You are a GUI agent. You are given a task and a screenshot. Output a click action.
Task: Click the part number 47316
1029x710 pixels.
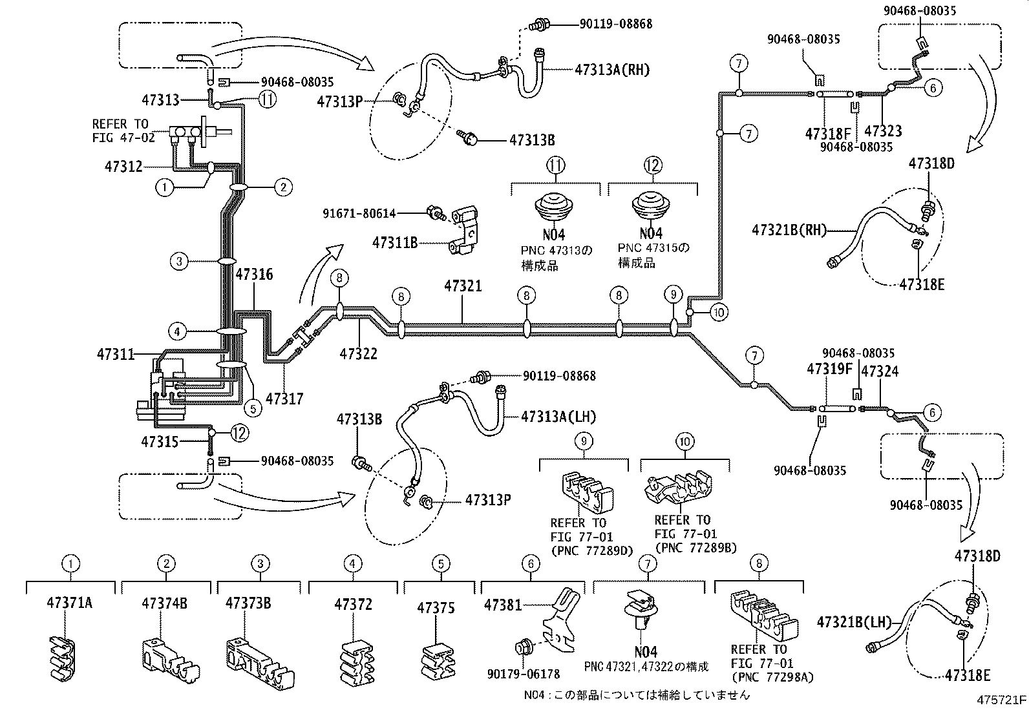pyautogui.click(x=254, y=275)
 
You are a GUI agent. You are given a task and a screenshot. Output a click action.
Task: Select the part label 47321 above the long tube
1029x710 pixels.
pyautogui.click(x=463, y=285)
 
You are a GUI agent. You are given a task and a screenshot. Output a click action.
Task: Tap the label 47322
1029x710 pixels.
pyautogui.click(x=358, y=353)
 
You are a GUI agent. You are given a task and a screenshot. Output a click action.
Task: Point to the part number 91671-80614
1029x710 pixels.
pyautogui.click(x=360, y=213)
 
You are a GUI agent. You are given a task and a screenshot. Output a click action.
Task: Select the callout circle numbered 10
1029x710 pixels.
pyautogui.click(x=718, y=313)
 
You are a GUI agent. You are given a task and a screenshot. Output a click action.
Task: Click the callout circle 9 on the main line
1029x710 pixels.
pyautogui.click(x=673, y=295)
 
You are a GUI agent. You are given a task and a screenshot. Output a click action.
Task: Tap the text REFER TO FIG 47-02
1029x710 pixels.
pyautogui.click(x=120, y=130)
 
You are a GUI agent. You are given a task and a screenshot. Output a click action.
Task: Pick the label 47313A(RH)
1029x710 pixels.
pyautogui.click(x=611, y=70)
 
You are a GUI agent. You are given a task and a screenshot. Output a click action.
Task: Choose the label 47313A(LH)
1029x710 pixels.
pyautogui.click(x=558, y=417)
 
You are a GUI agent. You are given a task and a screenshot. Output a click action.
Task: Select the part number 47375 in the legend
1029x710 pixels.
pyautogui.click(x=436, y=607)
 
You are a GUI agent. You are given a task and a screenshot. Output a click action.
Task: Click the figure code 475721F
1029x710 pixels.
pyautogui.click(x=1001, y=700)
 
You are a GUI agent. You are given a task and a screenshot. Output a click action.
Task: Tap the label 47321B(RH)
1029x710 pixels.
pyautogui.click(x=789, y=229)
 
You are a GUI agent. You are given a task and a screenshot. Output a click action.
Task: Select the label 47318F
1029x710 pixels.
pyautogui.click(x=828, y=134)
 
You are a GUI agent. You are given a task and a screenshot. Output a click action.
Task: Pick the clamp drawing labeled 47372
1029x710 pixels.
pyautogui.click(x=354, y=658)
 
